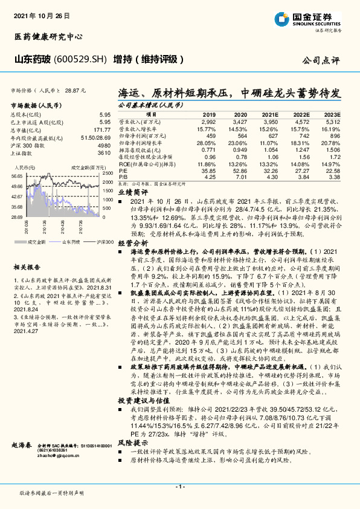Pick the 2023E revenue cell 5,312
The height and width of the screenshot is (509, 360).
point(333,122)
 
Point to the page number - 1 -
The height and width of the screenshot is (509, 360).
point(179,487)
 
